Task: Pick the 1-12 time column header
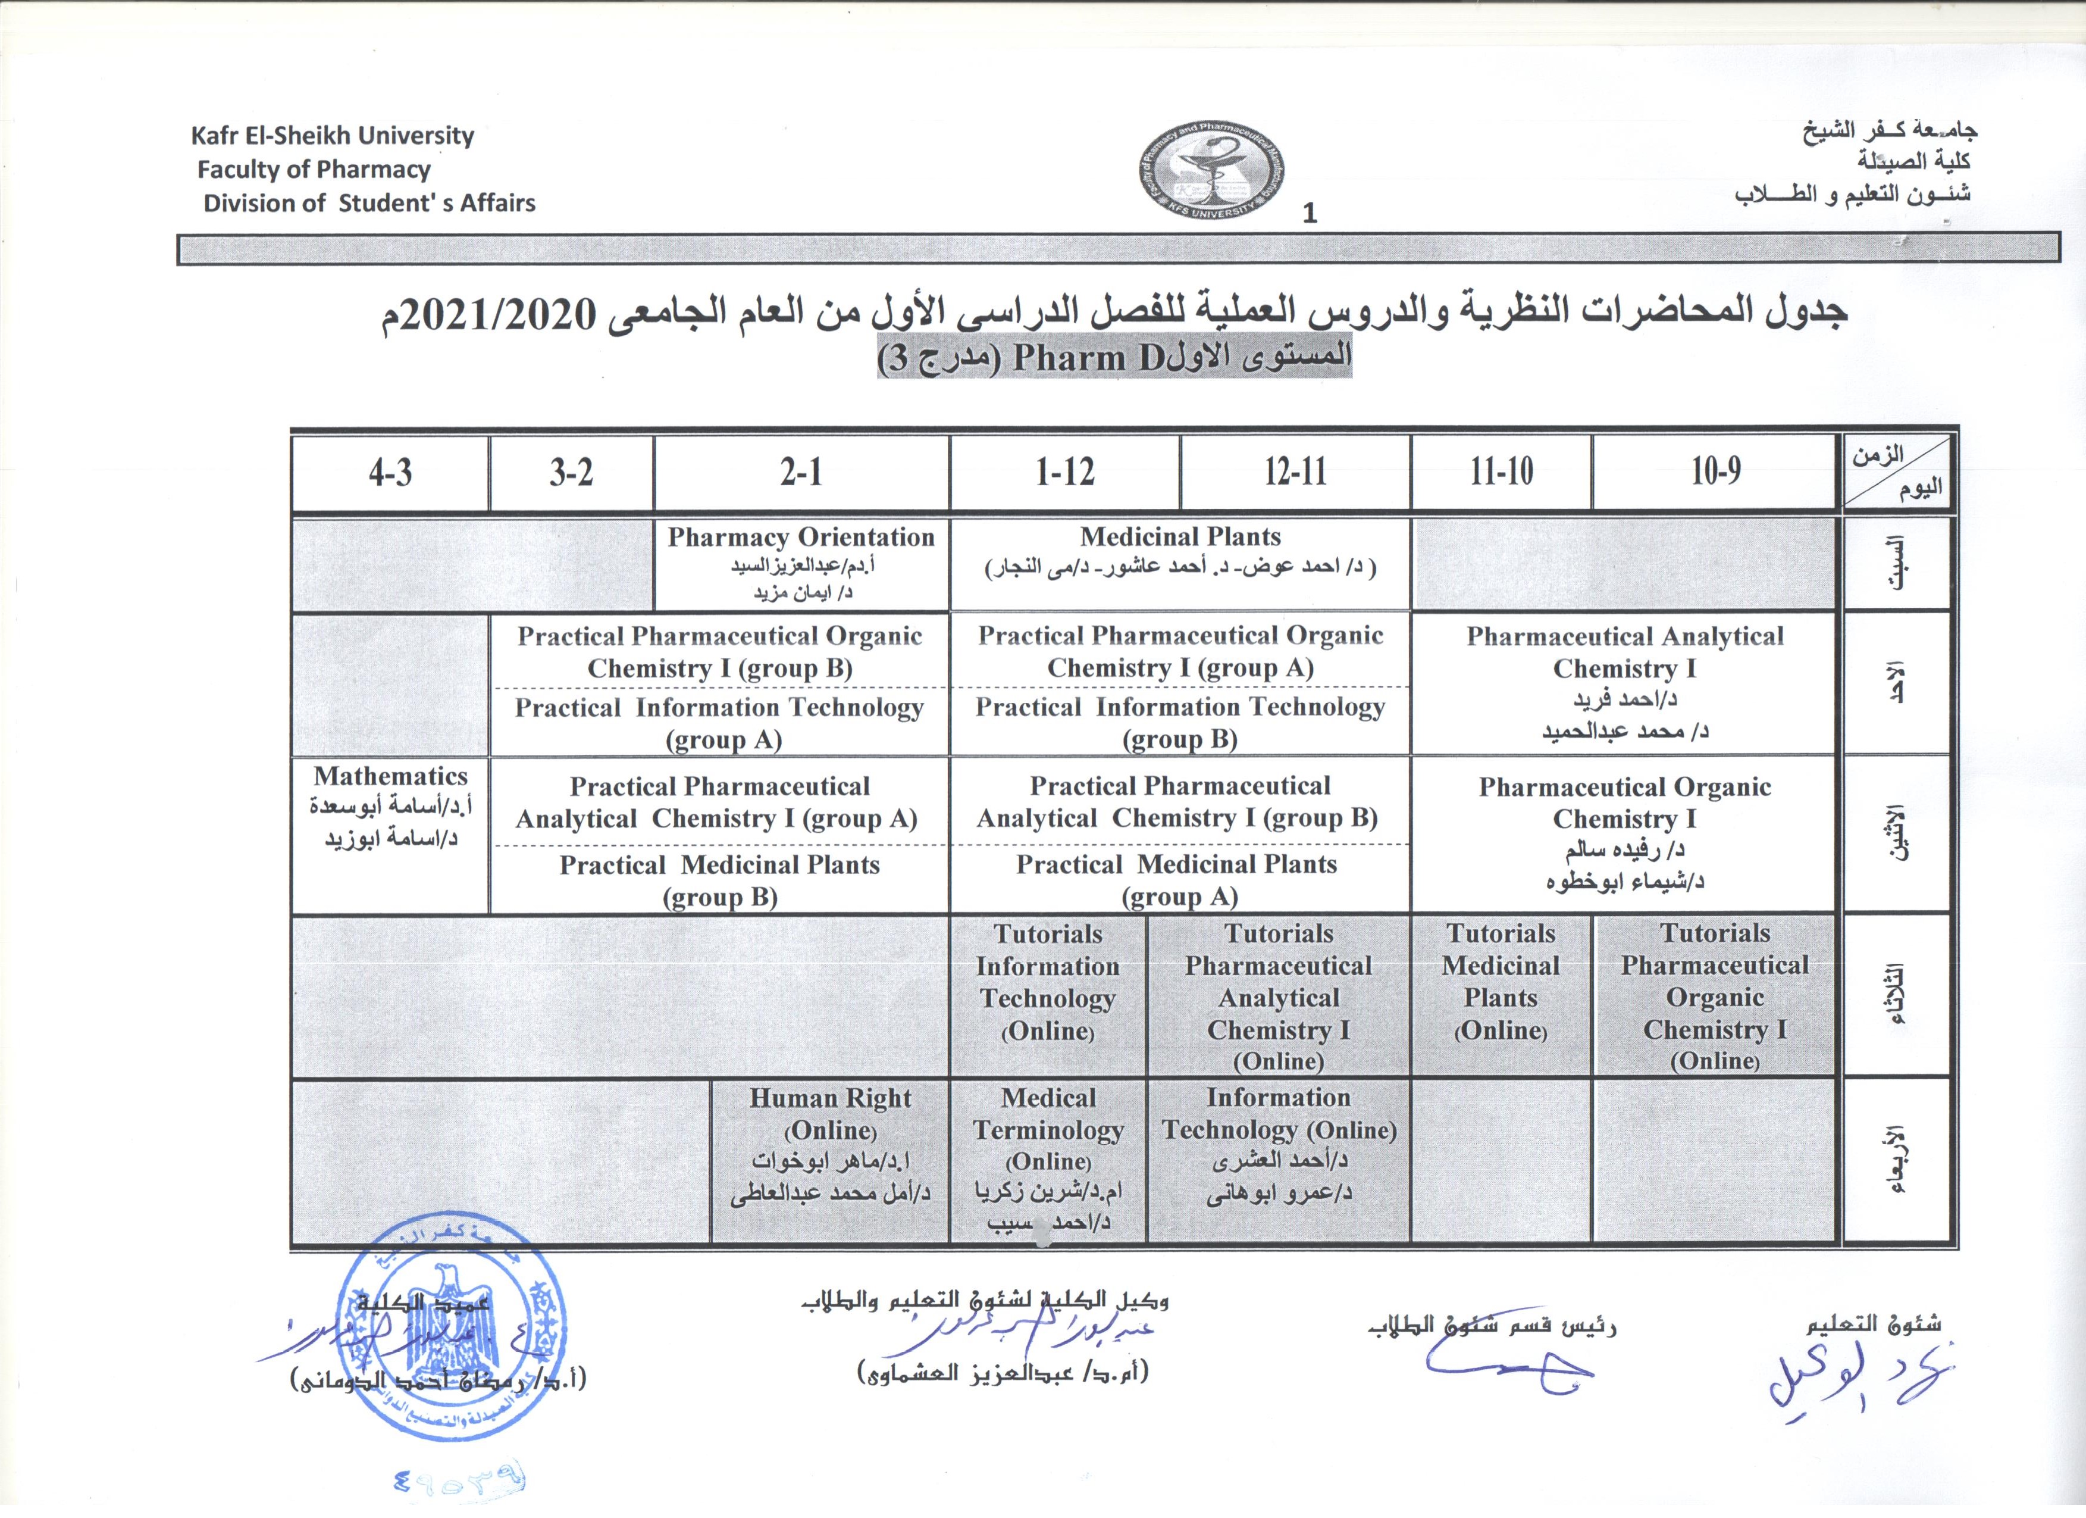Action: click(1064, 473)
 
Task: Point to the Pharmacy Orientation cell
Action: click(800, 563)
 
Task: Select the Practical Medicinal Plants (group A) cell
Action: click(1179, 879)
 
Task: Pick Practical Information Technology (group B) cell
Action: click(1179, 723)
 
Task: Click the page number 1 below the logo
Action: click(1310, 214)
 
